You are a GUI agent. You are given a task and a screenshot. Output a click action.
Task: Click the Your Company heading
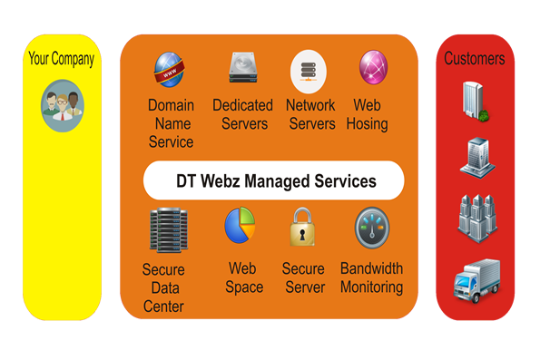click(x=61, y=60)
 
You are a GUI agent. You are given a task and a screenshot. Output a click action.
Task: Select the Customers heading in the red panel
click(x=474, y=59)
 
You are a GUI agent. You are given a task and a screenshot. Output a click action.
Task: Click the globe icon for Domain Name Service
click(x=170, y=70)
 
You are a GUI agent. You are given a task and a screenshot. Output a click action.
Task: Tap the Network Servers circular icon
click(x=309, y=70)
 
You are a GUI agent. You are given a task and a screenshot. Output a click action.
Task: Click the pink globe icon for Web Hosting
click(x=373, y=69)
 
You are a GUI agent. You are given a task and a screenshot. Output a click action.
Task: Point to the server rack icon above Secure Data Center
click(x=166, y=229)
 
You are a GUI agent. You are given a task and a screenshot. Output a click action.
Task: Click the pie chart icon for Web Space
click(x=241, y=227)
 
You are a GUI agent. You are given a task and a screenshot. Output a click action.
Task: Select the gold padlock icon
click(x=302, y=229)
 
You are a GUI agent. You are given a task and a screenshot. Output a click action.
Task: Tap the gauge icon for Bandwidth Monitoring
click(x=373, y=229)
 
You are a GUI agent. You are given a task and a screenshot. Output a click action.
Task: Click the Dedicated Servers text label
click(x=242, y=114)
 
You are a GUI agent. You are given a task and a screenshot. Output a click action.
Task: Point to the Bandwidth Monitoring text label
click(x=371, y=277)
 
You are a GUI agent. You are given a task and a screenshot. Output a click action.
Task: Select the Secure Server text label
click(x=303, y=277)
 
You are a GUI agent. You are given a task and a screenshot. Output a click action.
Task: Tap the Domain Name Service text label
click(x=171, y=123)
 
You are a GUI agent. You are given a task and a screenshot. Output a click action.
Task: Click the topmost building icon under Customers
click(x=475, y=100)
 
